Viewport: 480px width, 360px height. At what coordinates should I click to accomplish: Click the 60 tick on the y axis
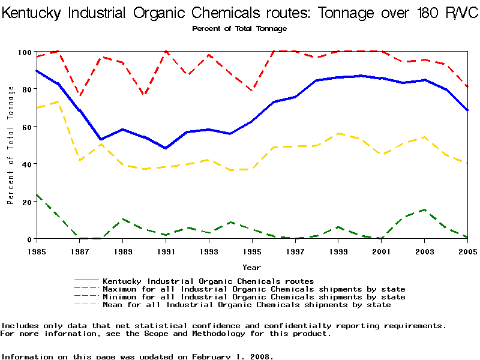click(25, 127)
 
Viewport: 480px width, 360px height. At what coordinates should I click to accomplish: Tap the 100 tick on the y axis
click(23, 52)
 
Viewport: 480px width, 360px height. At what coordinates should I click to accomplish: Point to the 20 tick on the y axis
click(25, 202)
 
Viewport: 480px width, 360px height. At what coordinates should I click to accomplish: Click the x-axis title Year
click(251, 266)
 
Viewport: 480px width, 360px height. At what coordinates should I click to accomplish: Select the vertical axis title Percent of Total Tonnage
click(10, 145)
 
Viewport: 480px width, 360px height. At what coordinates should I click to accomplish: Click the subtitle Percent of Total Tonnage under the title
click(239, 29)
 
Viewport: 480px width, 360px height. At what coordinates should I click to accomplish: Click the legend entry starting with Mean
click(247, 305)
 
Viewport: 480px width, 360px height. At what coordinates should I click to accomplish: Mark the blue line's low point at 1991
click(166, 148)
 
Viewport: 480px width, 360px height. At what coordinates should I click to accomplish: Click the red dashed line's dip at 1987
click(80, 96)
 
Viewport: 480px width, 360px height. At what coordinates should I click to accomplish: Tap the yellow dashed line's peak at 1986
click(58, 101)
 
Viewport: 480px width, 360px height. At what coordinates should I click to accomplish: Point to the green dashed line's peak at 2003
click(424, 210)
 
